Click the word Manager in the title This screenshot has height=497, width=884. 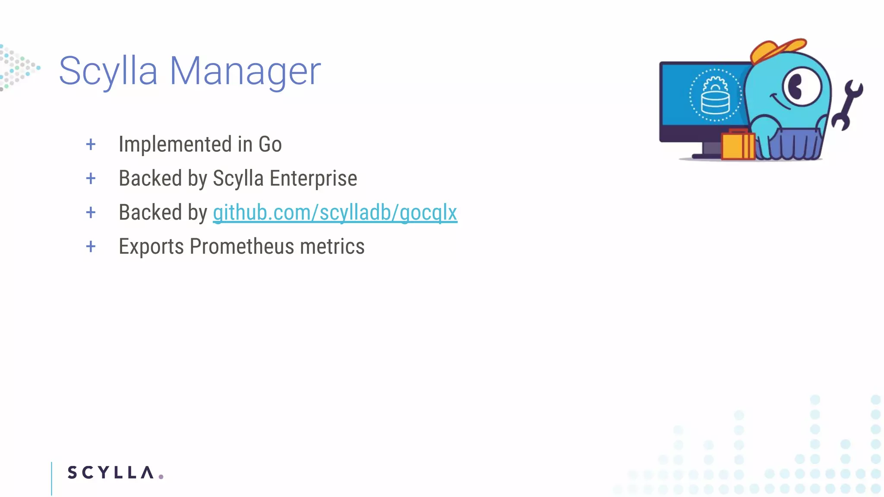[245, 71]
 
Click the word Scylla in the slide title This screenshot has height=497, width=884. [108, 71]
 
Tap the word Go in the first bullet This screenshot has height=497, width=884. [270, 144]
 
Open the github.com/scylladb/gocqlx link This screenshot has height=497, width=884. [335, 213]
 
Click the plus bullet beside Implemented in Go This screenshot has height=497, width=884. [91, 145]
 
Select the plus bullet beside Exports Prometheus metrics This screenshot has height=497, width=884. [91, 247]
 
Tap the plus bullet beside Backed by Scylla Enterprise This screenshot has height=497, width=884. [91, 179]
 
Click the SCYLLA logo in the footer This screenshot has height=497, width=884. [110, 472]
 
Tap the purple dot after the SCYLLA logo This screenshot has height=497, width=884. [161, 477]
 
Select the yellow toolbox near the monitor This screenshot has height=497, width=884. [738, 145]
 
